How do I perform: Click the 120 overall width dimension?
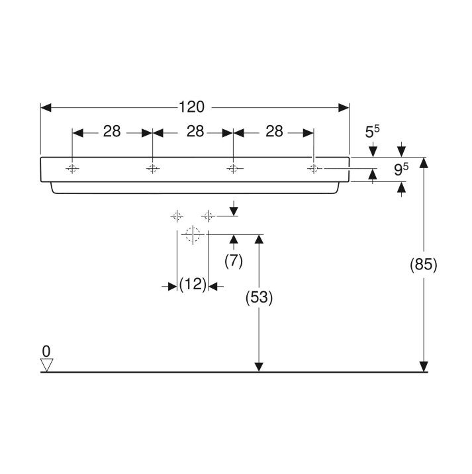[x=192, y=107]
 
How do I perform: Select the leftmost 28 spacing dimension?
[x=112, y=132]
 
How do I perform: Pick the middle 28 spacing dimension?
[x=195, y=132]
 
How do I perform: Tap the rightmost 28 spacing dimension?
[x=274, y=132]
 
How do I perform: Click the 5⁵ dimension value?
[x=372, y=132]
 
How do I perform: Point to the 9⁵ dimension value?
[x=401, y=169]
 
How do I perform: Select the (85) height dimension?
[x=423, y=265]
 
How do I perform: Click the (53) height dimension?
[x=259, y=297]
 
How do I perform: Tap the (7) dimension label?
[x=234, y=261]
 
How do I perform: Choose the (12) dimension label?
[x=193, y=284]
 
